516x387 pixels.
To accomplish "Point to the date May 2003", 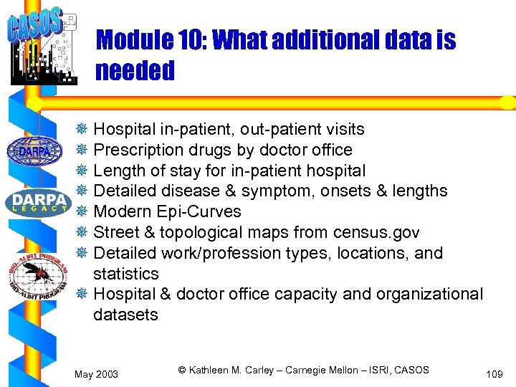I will click(x=97, y=374).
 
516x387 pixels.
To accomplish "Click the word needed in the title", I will click(x=135, y=71).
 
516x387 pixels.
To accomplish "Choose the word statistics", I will click(x=125, y=274).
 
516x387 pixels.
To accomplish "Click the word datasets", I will click(x=125, y=315).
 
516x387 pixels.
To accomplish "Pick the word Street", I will click(x=114, y=232).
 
